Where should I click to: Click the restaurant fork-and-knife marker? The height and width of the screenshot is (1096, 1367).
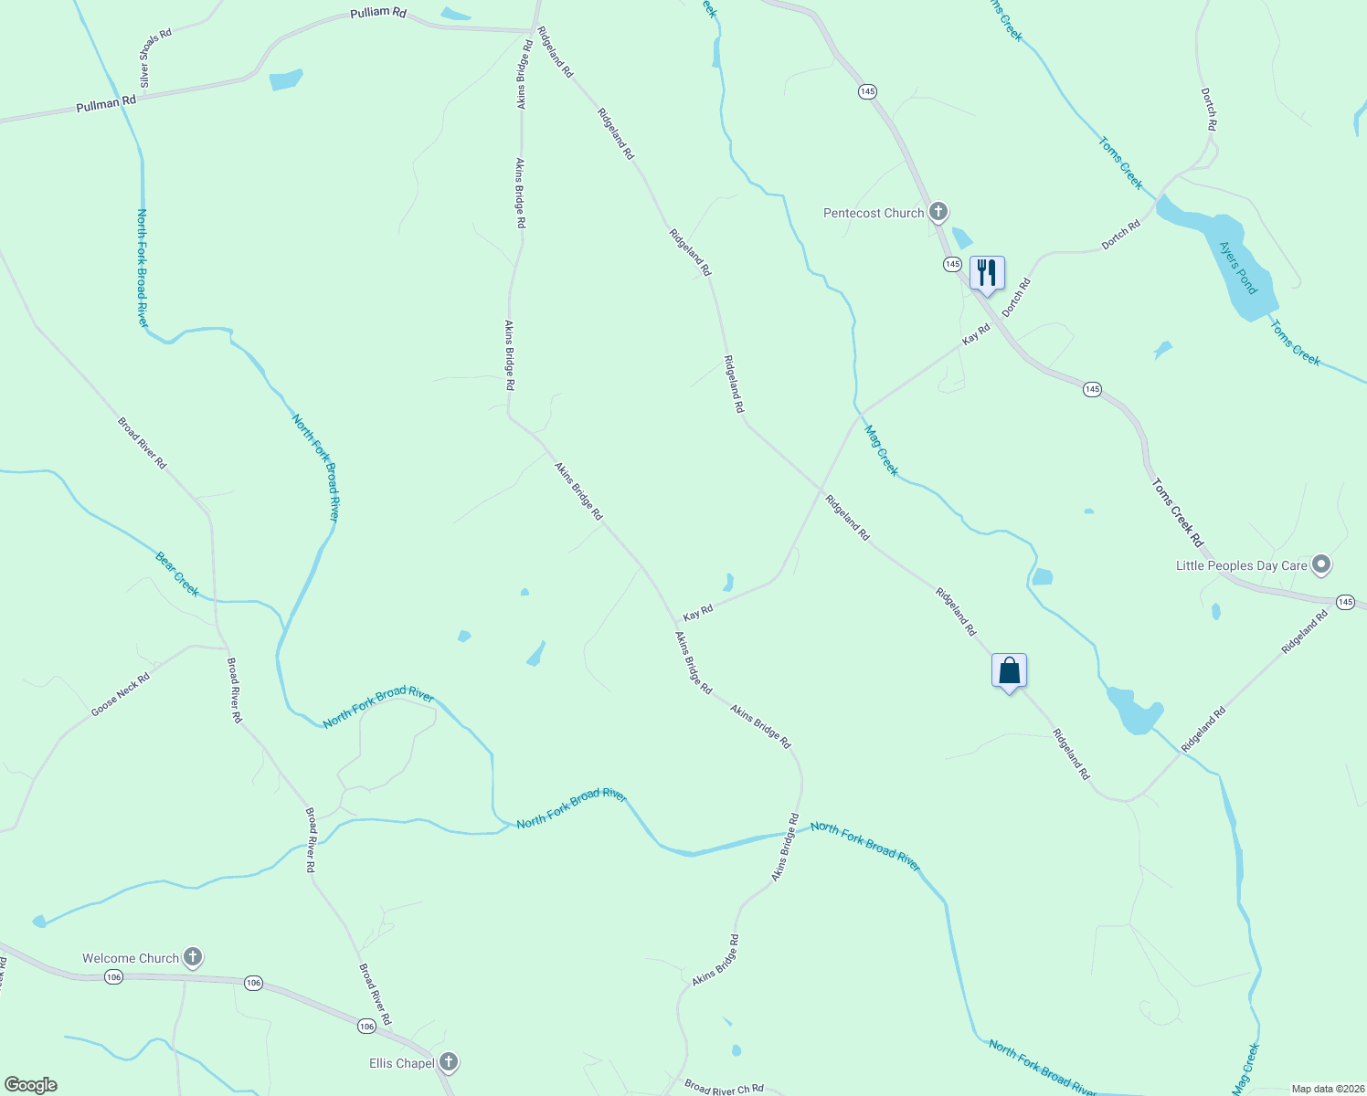pos(986,273)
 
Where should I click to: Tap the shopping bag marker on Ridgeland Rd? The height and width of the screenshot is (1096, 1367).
pos(1009,671)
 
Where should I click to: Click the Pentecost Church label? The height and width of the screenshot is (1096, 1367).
pos(874,214)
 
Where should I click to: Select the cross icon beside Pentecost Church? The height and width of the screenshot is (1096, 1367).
pos(938,213)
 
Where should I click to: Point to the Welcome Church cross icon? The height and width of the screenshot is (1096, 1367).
pos(193,957)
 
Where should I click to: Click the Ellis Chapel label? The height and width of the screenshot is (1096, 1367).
pos(401,1063)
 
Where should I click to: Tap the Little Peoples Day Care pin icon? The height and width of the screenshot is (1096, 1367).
pos(1320,565)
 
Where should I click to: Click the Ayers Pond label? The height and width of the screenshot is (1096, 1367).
pos(1238,268)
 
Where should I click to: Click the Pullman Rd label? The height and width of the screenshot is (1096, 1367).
pos(106,104)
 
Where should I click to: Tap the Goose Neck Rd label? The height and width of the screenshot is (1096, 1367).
pos(120,694)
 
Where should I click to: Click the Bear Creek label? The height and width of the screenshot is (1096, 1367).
pos(177,574)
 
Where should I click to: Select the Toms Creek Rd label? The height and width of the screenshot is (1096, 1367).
pos(1177,512)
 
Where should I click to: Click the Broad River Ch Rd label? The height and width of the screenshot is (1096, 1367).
pos(724,1088)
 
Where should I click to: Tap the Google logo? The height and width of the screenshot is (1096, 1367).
pos(31,1085)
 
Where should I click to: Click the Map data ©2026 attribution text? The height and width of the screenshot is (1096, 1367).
pos(1328,1089)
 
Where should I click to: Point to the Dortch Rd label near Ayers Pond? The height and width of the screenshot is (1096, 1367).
pos(1120,235)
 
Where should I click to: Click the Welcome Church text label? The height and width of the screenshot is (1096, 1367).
pos(131,958)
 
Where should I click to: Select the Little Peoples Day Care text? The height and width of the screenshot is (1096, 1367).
pos(1241,566)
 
